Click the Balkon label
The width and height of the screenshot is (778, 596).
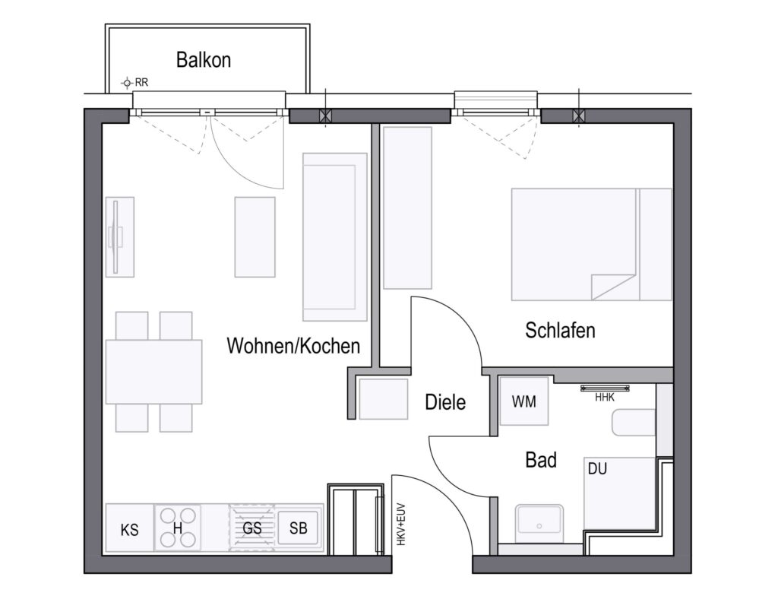coord(204,59)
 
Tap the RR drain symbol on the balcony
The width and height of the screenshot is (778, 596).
coord(128,82)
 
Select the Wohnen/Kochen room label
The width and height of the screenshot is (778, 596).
coord(293,346)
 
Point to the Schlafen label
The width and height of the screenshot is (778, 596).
coord(560,330)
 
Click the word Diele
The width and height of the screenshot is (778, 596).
coord(445,402)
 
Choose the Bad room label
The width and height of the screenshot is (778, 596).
coord(541,460)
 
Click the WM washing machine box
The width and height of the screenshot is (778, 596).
coord(524,401)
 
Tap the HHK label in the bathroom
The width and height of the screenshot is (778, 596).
coord(605,398)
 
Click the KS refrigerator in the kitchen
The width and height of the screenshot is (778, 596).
coord(129,528)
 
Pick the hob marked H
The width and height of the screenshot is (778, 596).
coord(178,528)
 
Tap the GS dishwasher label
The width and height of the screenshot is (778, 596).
coord(252,528)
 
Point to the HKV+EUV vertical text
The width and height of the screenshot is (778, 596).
coord(401,525)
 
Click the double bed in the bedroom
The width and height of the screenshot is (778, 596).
coord(591,244)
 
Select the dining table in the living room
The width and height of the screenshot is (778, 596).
coord(153,372)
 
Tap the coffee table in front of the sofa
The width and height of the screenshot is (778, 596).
coord(255,237)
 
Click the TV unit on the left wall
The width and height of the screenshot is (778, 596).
coord(119,237)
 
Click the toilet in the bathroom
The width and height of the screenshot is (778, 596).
coord(634,423)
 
